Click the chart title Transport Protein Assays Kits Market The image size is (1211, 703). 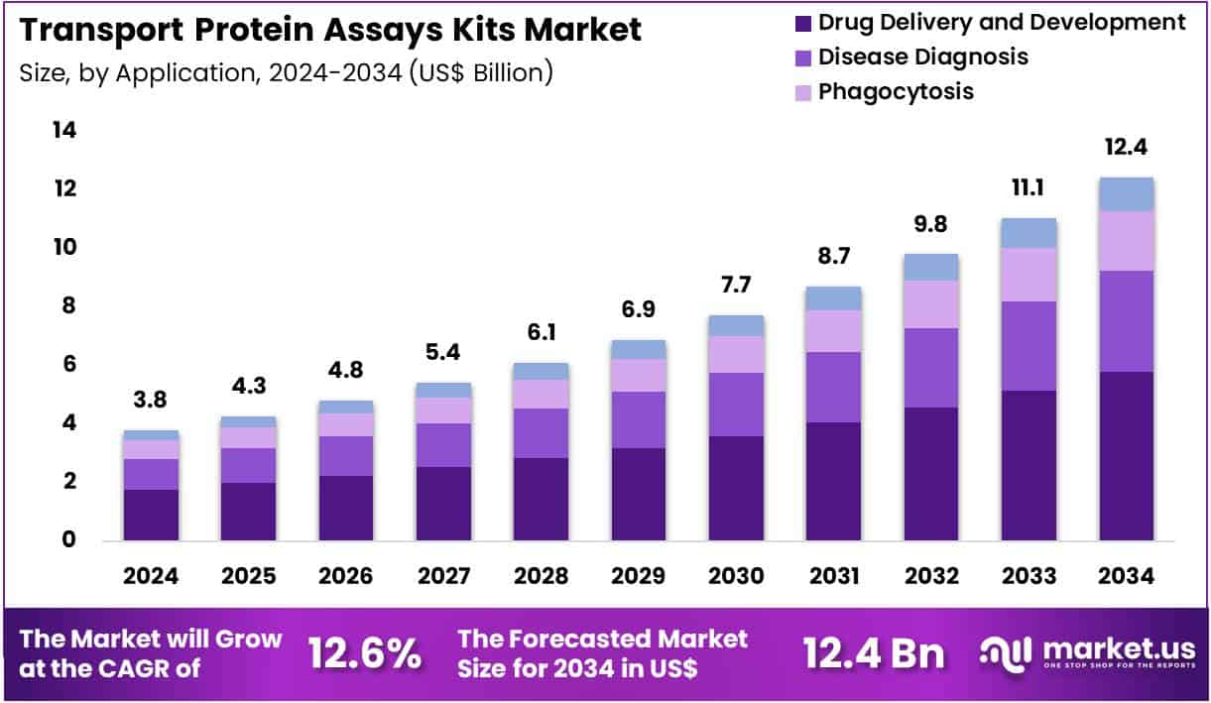330,30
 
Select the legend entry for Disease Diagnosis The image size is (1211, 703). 922,57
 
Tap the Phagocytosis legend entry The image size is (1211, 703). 895,91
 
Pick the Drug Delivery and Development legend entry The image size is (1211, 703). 1001,22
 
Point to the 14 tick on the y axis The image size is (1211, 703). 64,130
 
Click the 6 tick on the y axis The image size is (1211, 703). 64,364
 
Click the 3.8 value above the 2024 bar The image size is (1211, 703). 151,401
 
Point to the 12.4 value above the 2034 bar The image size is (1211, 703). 1125,147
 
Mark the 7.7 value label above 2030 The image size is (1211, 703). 735,286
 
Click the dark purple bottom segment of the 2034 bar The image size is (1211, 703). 1126,456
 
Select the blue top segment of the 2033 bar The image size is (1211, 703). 1028,233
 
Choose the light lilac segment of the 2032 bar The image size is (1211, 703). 930,304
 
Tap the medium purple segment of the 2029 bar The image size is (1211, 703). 638,419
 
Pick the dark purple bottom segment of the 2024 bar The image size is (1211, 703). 151,515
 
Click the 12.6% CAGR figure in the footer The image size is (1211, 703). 364,653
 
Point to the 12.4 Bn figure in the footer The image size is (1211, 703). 874,653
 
